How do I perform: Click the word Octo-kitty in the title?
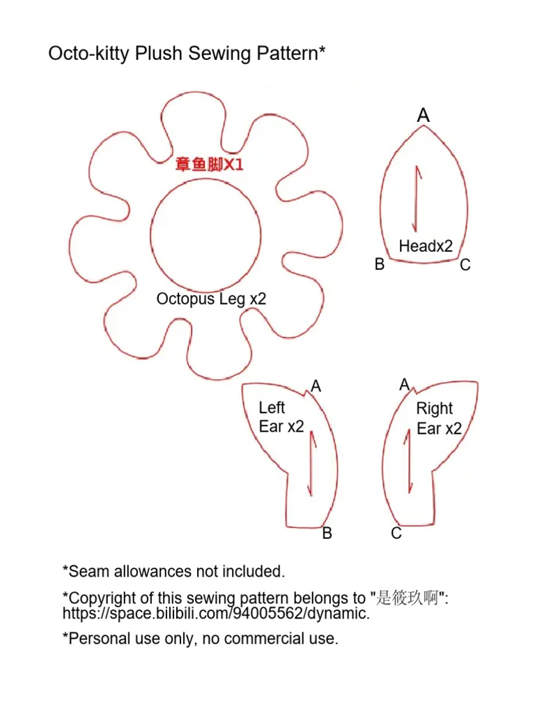click(x=89, y=54)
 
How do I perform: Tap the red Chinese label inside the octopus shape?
click(x=209, y=164)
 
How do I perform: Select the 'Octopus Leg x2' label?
click(x=211, y=299)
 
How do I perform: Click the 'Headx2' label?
click(x=426, y=246)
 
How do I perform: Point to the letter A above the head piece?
click(x=424, y=115)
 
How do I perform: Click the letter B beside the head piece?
click(x=380, y=264)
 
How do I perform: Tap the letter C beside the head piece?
click(x=465, y=264)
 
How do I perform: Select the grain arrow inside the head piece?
click(x=417, y=199)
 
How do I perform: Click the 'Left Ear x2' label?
click(x=281, y=417)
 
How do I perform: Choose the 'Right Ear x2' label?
click(x=439, y=418)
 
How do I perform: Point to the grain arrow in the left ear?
click(x=312, y=463)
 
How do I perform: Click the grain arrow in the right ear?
click(x=409, y=462)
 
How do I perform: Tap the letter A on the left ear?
click(x=316, y=386)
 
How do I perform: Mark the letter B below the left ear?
click(x=327, y=533)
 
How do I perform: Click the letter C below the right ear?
click(x=396, y=533)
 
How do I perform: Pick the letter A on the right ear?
click(x=405, y=385)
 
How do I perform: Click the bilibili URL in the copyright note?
click(x=216, y=614)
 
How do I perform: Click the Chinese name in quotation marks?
click(x=407, y=598)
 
